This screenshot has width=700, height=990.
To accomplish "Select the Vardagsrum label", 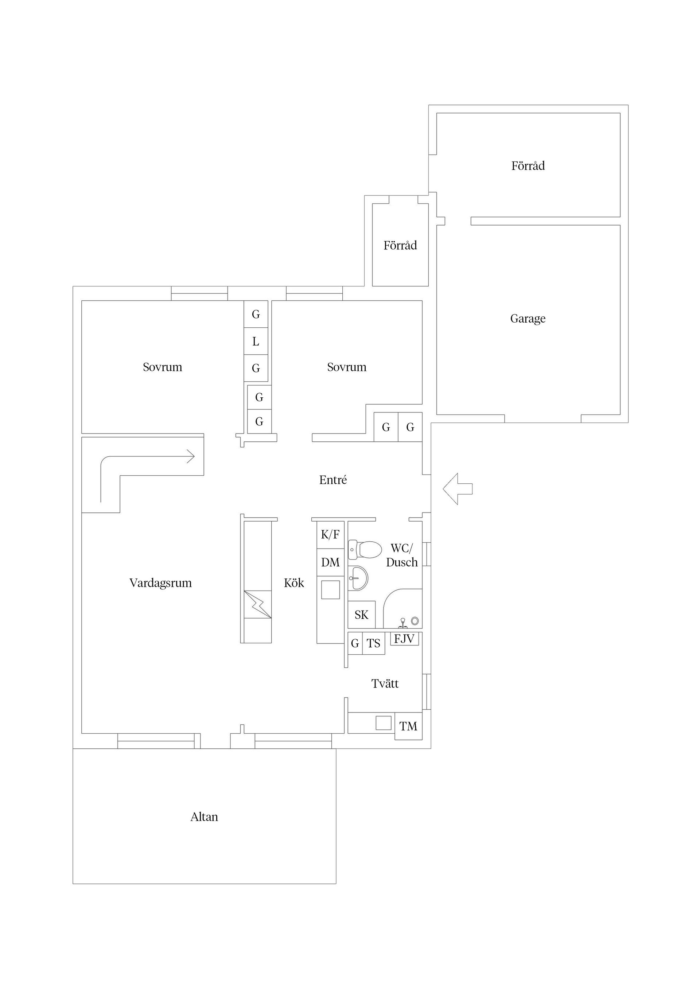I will coord(160,583).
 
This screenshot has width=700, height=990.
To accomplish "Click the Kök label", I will coord(294,583).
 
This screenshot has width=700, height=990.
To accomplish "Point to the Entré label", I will coord(332,480).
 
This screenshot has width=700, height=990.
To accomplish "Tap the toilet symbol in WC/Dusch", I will coord(365,550).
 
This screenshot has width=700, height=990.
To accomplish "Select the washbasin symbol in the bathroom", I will coord(358,578).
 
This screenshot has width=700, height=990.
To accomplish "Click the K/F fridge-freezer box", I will coord(330,535).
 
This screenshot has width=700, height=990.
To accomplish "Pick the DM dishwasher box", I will coord(330,562).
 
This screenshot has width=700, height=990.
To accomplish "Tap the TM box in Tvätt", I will coord(408,726).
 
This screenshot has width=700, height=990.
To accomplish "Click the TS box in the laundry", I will coord(373,644).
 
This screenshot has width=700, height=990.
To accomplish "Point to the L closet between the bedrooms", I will coord(256,342).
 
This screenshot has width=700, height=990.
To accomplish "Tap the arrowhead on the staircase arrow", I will coord(191,456).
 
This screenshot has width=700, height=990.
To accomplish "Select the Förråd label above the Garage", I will coord(528,166).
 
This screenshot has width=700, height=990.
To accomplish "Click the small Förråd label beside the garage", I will coord(400,246).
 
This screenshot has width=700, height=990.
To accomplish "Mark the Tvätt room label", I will coord(385,683).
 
